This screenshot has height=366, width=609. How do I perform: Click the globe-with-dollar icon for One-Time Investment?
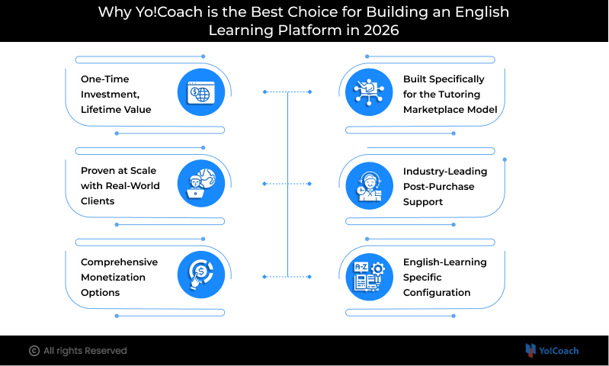click(x=200, y=92)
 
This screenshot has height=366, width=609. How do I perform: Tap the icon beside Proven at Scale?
click(x=200, y=184)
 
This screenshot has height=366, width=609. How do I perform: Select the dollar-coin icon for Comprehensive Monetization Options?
click(x=200, y=275)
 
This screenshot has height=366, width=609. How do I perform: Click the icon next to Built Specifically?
click(x=369, y=92)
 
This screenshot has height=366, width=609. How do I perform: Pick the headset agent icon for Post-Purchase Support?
click(x=369, y=186)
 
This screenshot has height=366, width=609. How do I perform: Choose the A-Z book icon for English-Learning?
click(x=369, y=277)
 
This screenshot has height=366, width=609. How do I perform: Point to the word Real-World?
click(x=133, y=186)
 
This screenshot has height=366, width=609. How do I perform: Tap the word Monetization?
click(x=113, y=278)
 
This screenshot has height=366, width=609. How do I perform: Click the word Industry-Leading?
click(x=445, y=172)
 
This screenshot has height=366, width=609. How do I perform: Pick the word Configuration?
click(x=437, y=293)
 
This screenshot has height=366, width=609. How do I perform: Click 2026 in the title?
click(x=381, y=30)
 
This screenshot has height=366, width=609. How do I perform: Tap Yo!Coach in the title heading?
click(x=169, y=12)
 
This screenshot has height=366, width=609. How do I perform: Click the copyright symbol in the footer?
click(x=34, y=351)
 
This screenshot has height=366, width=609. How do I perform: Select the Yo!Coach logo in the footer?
click(x=552, y=351)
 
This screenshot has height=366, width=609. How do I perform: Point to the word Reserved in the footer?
click(x=106, y=351)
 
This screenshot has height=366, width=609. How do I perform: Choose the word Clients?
click(x=98, y=201)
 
